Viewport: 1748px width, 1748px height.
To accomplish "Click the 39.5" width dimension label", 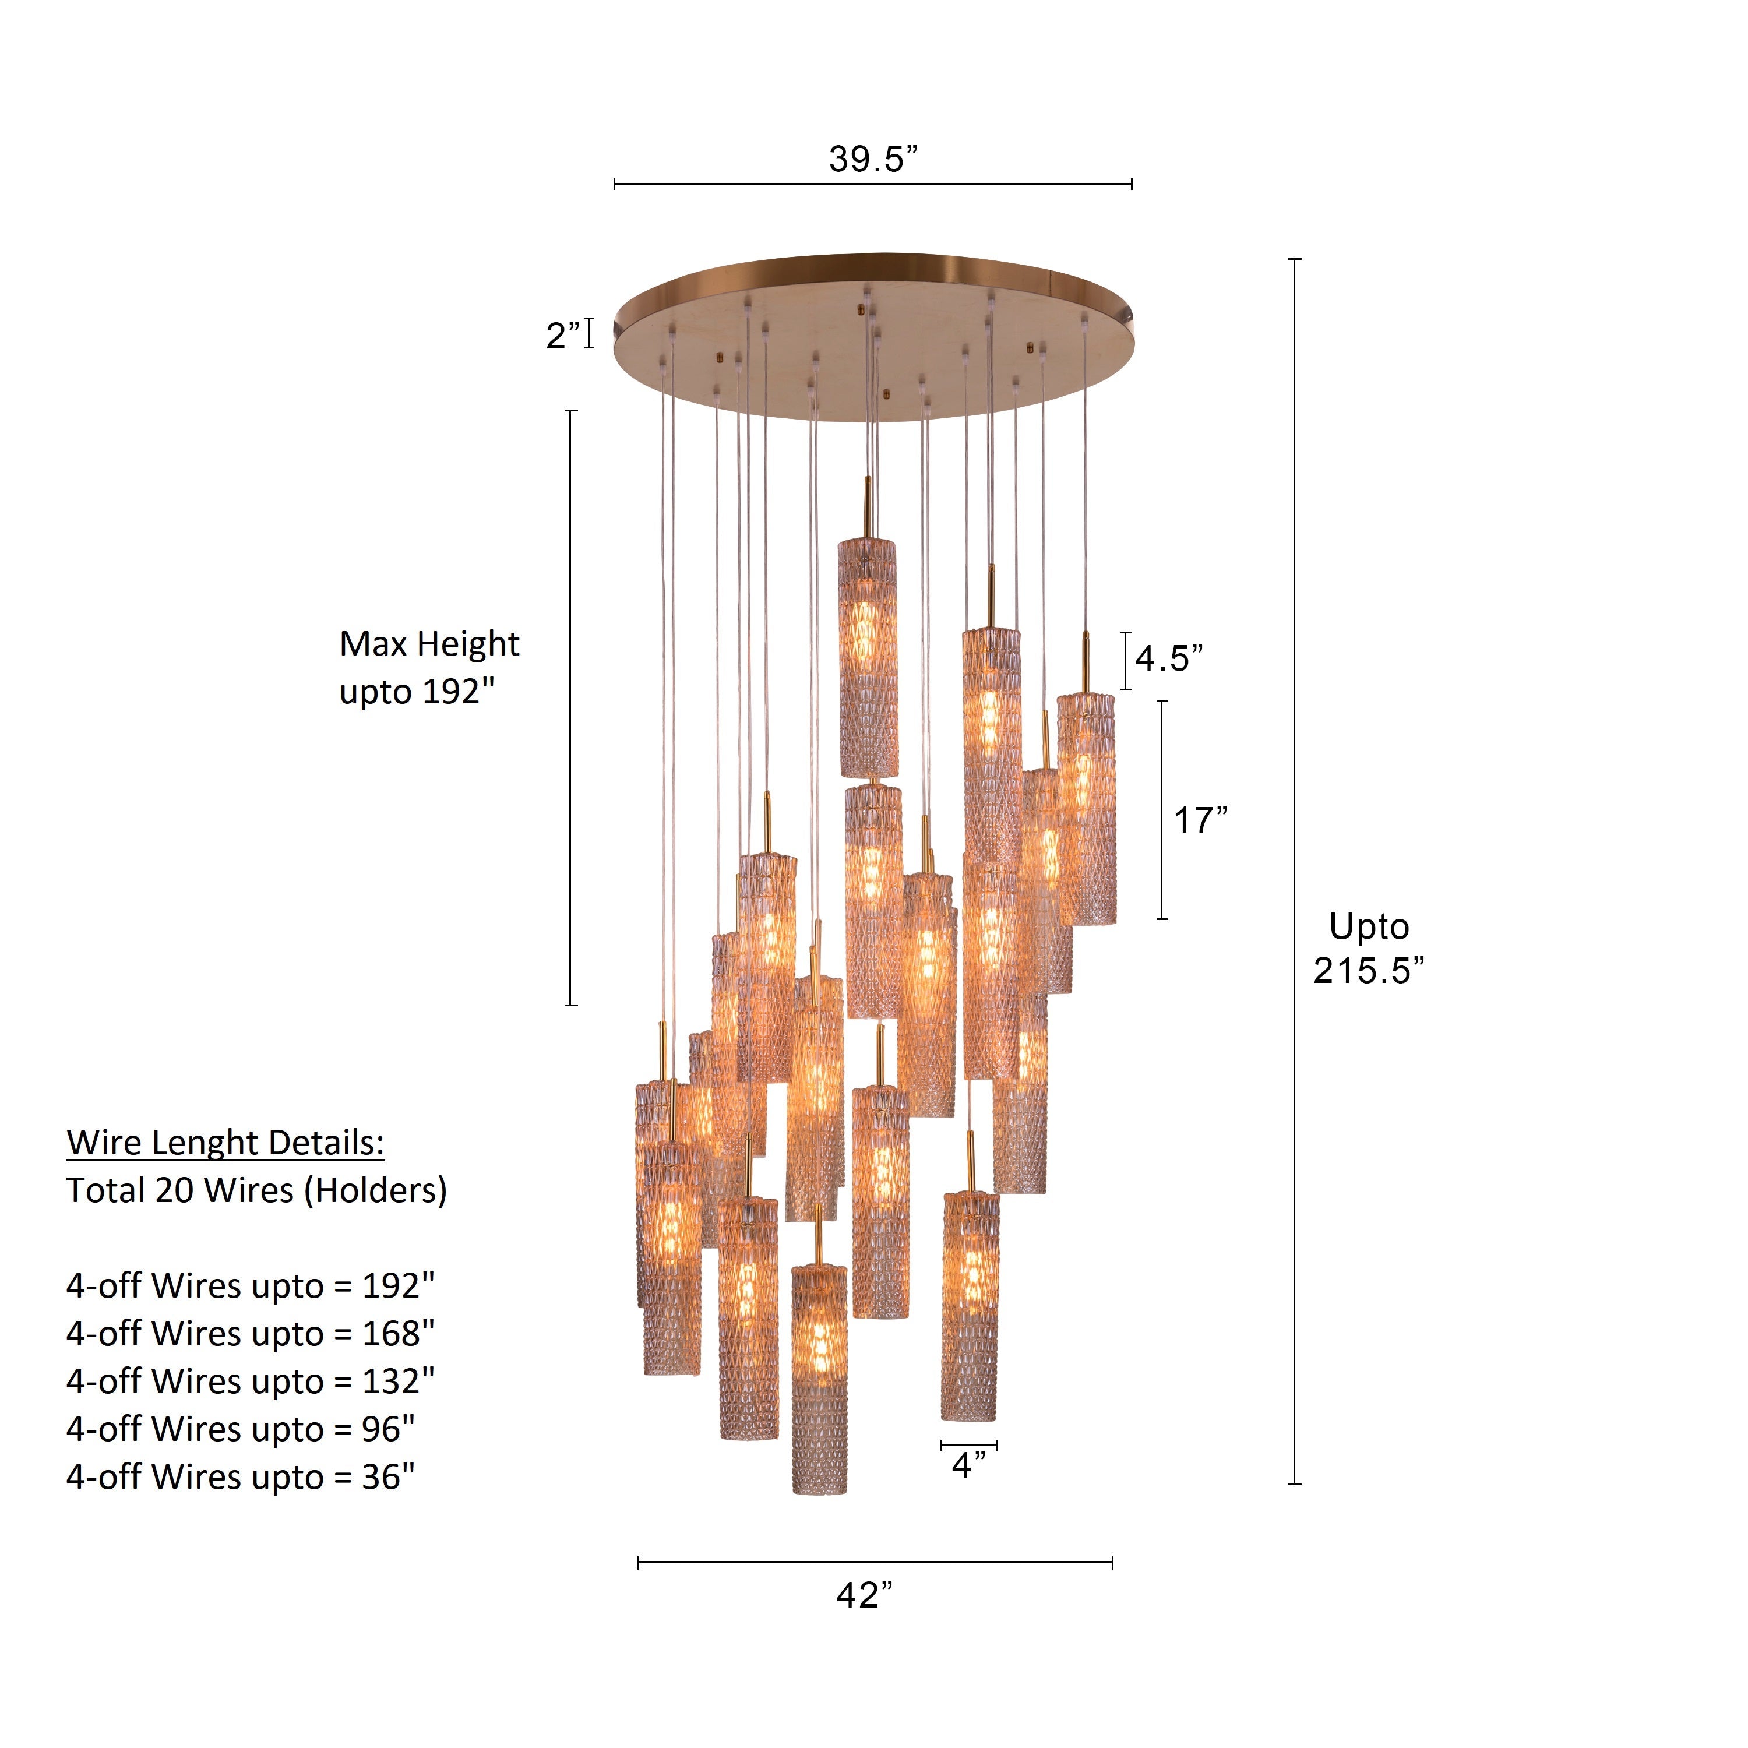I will (872, 159).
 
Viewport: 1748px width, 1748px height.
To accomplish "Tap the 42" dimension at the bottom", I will (864, 1595).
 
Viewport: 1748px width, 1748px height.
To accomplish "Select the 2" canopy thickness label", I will (563, 336).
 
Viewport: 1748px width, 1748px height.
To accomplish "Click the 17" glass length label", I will (1201, 820).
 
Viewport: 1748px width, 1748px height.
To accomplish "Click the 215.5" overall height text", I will (1368, 971).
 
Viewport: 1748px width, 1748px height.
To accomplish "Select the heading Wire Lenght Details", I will (225, 1143).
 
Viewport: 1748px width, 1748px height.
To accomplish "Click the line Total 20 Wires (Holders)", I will (256, 1190).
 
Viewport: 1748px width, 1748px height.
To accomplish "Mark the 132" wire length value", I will (398, 1382).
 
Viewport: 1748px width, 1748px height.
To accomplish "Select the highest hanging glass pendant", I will (868, 658).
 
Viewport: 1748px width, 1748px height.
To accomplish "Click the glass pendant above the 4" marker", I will (970, 1306).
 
